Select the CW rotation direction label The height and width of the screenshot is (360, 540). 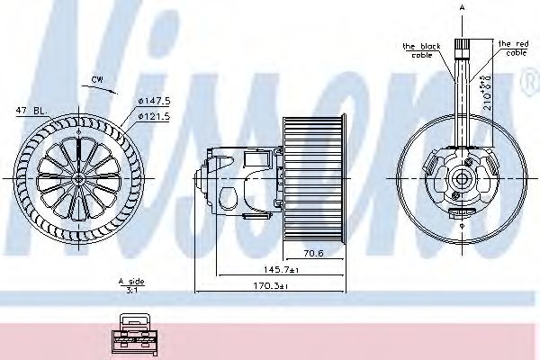(x=97, y=80)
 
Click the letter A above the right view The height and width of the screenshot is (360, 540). (x=462, y=7)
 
